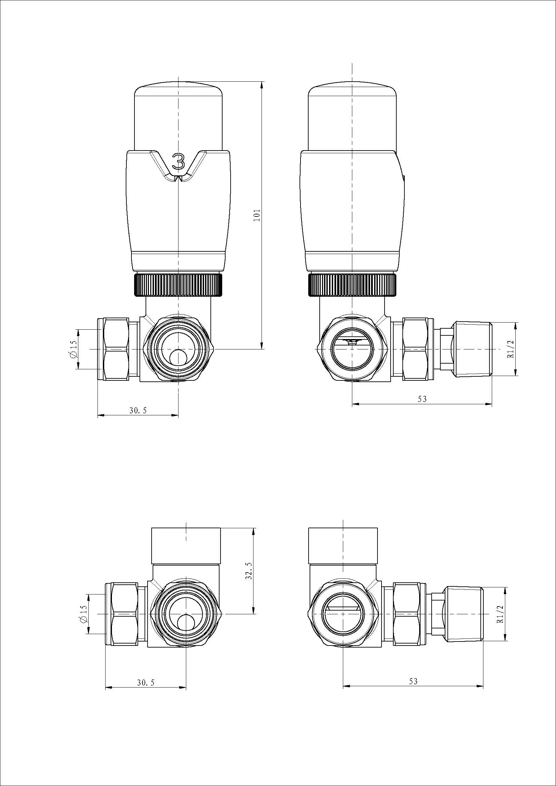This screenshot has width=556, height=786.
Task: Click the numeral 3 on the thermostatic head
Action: (x=178, y=161)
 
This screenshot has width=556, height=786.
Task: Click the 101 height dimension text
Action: (x=257, y=215)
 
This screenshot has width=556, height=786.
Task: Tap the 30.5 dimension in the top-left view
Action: (x=138, y=411)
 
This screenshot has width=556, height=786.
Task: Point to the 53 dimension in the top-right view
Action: (x=422, y=399)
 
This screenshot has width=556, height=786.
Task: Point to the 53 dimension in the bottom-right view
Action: (x=413, y=681)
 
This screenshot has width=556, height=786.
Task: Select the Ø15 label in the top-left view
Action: (x=73, y=349)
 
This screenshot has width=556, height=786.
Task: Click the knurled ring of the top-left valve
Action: (x=178, y=285)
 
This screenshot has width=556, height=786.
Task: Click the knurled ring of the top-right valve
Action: (x=353, y=285)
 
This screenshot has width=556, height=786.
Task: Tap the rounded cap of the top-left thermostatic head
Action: (x=178, y=90)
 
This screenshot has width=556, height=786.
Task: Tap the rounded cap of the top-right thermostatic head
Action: (x=353, y=90)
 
